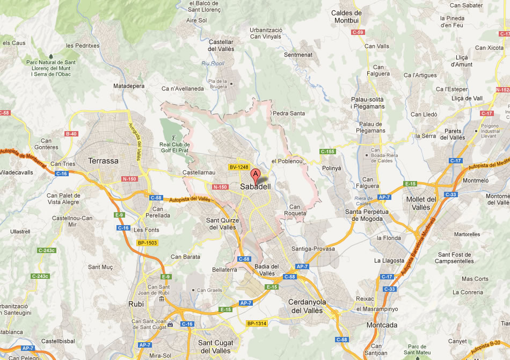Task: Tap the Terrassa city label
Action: click(103, 161)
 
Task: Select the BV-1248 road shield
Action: click(239, 167)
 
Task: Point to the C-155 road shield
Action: click(327, 152)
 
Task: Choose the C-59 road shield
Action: click(358, 33)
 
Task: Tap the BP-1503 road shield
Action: click(147, 243)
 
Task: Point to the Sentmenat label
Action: click(298, 55)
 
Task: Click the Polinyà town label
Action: click(331, 168)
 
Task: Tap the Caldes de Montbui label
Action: click(346, 17)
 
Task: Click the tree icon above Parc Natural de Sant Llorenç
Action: click(51, 56)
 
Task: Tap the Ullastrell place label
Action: click(20, 231)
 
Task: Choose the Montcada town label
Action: click(382, 325)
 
